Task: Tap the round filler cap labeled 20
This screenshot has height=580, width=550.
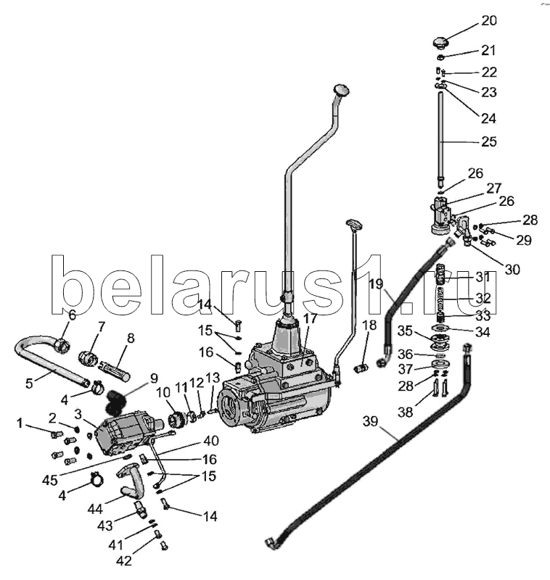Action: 441,41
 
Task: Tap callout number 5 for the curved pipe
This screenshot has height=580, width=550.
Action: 29,384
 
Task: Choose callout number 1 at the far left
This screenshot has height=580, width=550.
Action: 22,423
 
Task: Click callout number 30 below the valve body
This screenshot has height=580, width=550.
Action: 512,269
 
